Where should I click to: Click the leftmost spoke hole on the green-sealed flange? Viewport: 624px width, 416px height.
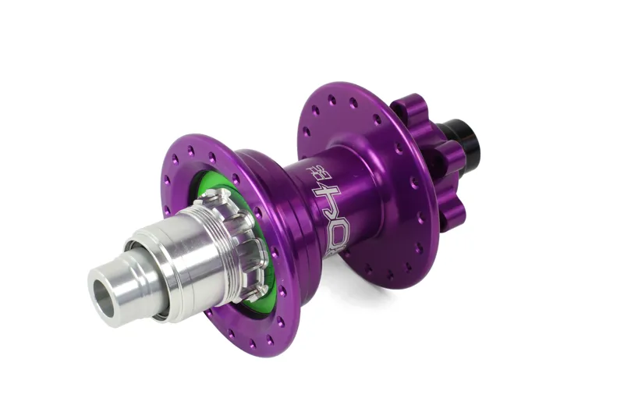tap(165, 180)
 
